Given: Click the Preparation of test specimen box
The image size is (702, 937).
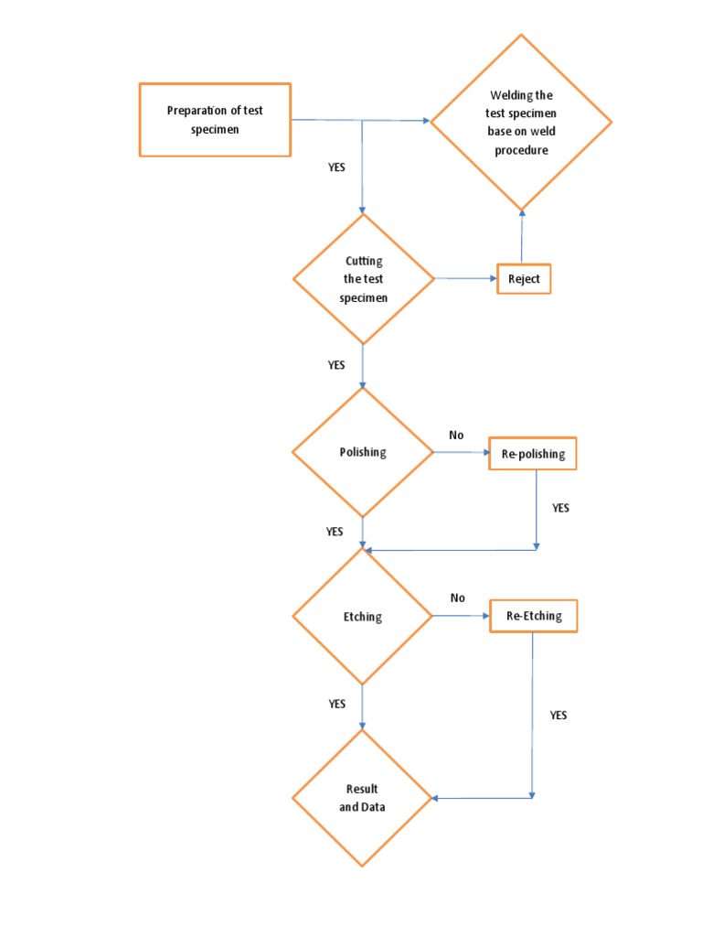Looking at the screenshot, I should click(215, 120).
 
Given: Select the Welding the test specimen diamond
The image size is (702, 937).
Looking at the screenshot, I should click(521, 122).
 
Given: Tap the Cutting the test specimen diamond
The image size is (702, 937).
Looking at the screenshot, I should click(364, 279).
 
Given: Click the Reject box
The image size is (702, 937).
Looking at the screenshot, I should click(524, 279).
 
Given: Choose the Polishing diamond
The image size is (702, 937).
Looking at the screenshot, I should click(363, 452).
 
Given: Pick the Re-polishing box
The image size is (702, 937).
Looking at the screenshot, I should click(533, 454).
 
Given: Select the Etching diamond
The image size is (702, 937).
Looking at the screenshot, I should click(363, 617).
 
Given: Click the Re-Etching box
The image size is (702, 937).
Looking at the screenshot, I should click(534, 617).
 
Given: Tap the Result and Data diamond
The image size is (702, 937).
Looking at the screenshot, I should click(363, 798).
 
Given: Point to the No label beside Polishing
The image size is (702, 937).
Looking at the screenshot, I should click(456, 435).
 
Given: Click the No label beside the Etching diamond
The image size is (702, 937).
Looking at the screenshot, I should click(457, 598).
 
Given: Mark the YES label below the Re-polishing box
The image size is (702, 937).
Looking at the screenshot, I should click(560, 508).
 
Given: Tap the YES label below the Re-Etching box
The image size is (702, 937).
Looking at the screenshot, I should click(558, 716).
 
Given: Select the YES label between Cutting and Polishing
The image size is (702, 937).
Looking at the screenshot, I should click(336, 365).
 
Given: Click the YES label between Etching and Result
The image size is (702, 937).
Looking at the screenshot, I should click(336, 704).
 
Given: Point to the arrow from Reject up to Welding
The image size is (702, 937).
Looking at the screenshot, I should click(522, 238).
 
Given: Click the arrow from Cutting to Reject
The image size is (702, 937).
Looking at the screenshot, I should click(465, 278).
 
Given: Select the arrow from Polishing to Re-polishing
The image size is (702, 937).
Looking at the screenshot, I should click(461, 452).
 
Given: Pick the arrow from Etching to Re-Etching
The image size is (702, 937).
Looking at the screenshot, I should click(462, 616).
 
